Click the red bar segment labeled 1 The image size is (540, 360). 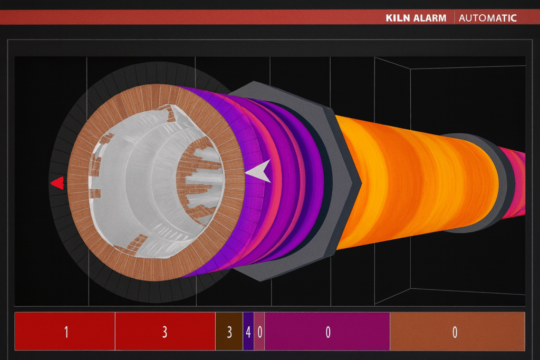coord(65,332)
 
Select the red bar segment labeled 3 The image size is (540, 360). coord(165,332)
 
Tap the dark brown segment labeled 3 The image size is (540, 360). coord(229,332)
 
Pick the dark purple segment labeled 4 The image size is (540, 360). coord(248,332)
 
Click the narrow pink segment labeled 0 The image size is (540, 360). coord(259,332)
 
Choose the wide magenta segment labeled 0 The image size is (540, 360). coord(327,332)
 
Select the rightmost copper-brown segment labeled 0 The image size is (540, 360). coord(457,332)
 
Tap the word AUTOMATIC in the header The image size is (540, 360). coord(488,18)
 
